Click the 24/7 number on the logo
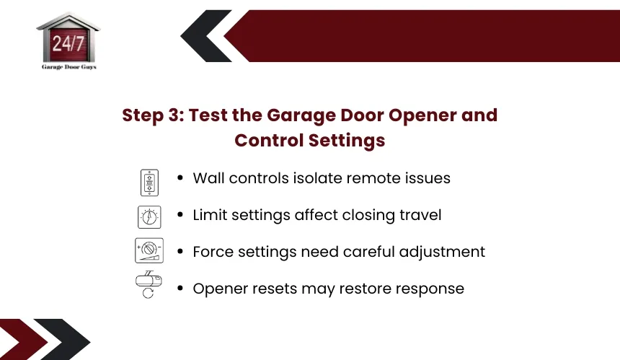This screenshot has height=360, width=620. (x=68, y=43)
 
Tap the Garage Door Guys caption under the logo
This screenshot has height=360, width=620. (x=69, y=67)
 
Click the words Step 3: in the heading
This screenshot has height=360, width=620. (x=153, y=115)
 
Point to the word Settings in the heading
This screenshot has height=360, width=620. (x=346, y=141)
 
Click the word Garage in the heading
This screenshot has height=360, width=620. (x=301, y=115)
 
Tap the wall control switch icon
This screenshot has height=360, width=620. (x=149, y=183)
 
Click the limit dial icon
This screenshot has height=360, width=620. (x=149, y=216)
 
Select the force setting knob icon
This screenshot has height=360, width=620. (x=149, y=250)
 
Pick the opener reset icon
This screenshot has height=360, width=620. (x=149, y=284)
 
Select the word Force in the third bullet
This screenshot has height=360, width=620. (x=213, y=252)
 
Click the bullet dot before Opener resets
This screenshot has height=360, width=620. (x=180, y=289)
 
